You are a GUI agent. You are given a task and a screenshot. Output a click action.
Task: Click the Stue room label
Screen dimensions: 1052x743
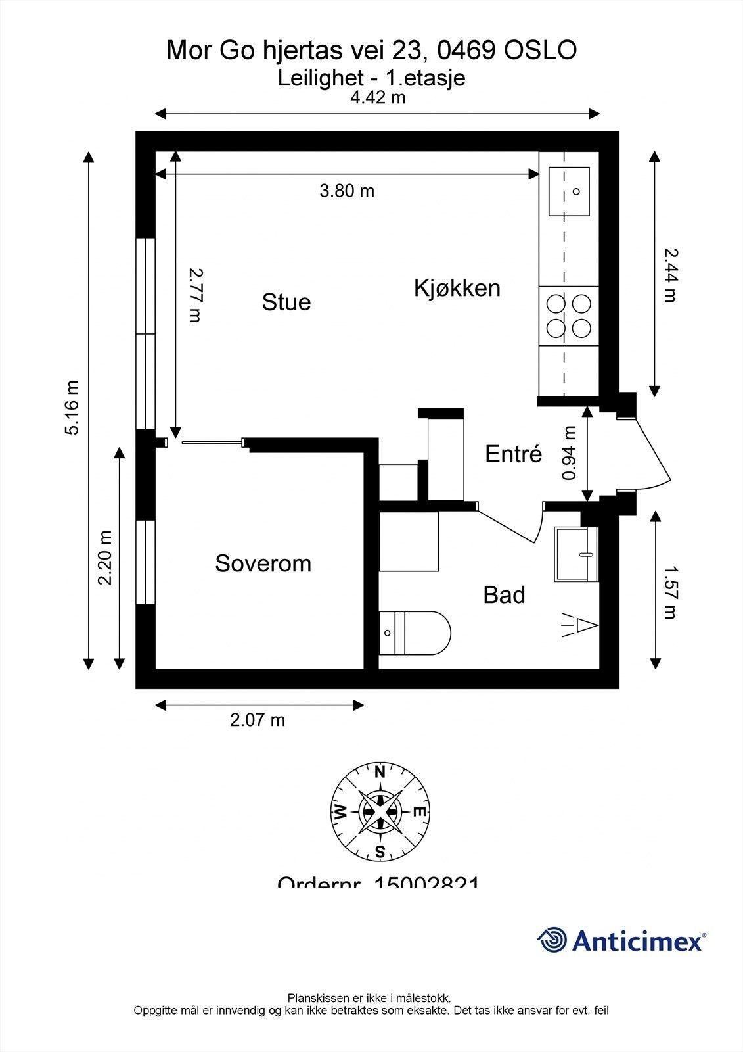[286, 302]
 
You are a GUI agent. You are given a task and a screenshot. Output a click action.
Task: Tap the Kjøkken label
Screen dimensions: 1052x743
[457, 288]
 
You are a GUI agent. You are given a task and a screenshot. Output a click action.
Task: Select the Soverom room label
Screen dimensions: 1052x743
[263, 563]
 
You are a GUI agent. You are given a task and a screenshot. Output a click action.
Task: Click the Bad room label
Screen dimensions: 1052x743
[504, 595]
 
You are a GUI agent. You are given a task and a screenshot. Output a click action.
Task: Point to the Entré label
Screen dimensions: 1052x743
[513, 454]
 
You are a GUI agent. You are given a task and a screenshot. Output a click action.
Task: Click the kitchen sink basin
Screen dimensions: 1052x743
[569, 191]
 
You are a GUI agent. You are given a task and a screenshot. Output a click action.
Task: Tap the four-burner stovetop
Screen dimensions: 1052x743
[569, 316]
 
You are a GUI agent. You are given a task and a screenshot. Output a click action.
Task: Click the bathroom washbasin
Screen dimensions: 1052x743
[576, 554]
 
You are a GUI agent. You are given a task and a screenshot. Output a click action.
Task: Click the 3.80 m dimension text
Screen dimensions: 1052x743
[347, 191]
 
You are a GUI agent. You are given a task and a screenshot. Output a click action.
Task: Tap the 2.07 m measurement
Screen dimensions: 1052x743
[258, 720]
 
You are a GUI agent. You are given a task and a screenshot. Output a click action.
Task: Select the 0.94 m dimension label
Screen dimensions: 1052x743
[570, 453]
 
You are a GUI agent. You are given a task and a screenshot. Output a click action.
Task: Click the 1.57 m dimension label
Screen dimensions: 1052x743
[669, 593]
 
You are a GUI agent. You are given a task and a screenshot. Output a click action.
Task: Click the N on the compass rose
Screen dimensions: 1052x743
[380, 773]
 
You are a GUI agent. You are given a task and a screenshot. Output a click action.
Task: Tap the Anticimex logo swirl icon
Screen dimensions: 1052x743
[552, 941]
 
